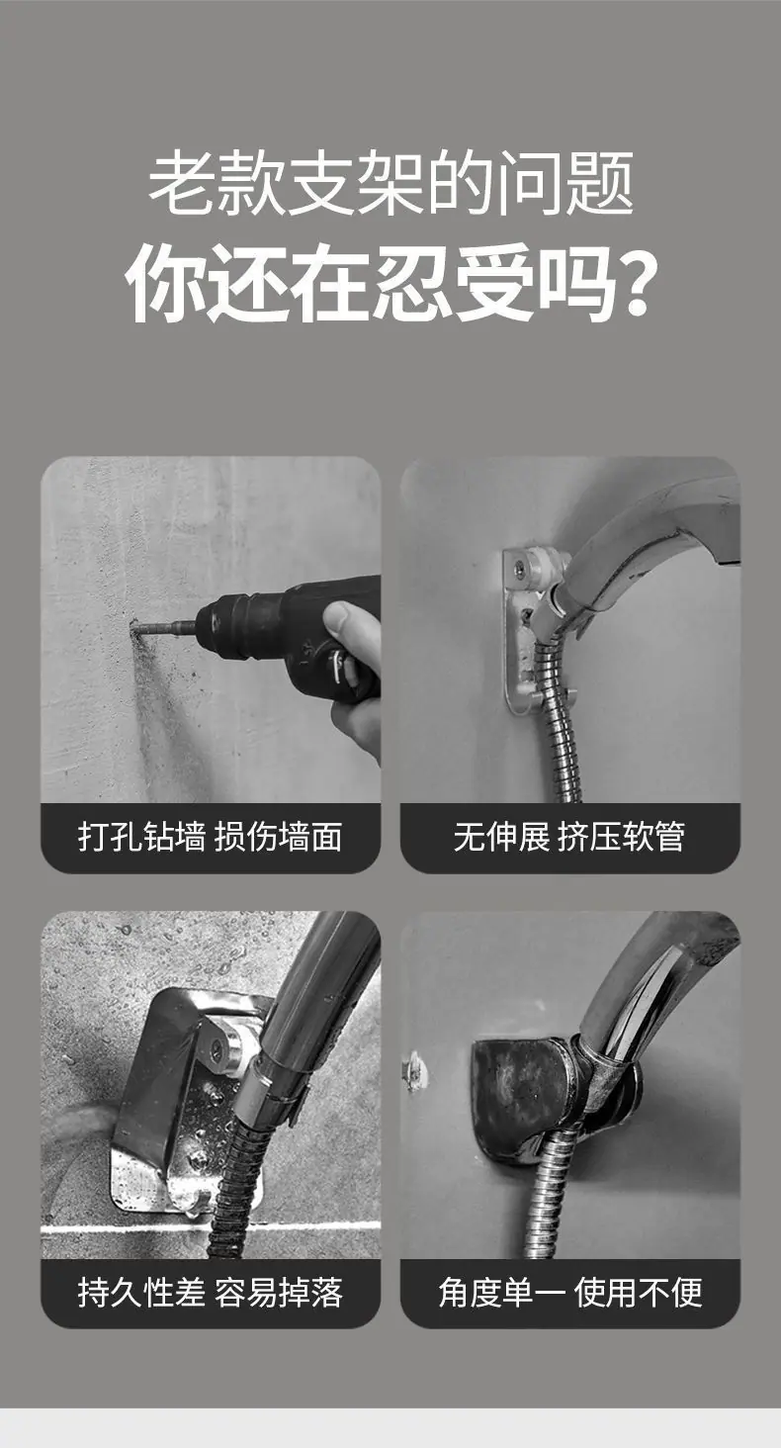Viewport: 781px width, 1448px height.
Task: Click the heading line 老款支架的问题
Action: coord(390,183)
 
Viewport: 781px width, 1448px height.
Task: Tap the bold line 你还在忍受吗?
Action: coord(390,283)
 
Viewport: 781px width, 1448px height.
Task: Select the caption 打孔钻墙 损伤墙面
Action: coord(210,837)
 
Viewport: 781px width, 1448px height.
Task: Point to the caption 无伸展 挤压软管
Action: coord(569,837)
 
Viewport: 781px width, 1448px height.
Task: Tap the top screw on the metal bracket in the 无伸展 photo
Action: coord(521,568)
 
